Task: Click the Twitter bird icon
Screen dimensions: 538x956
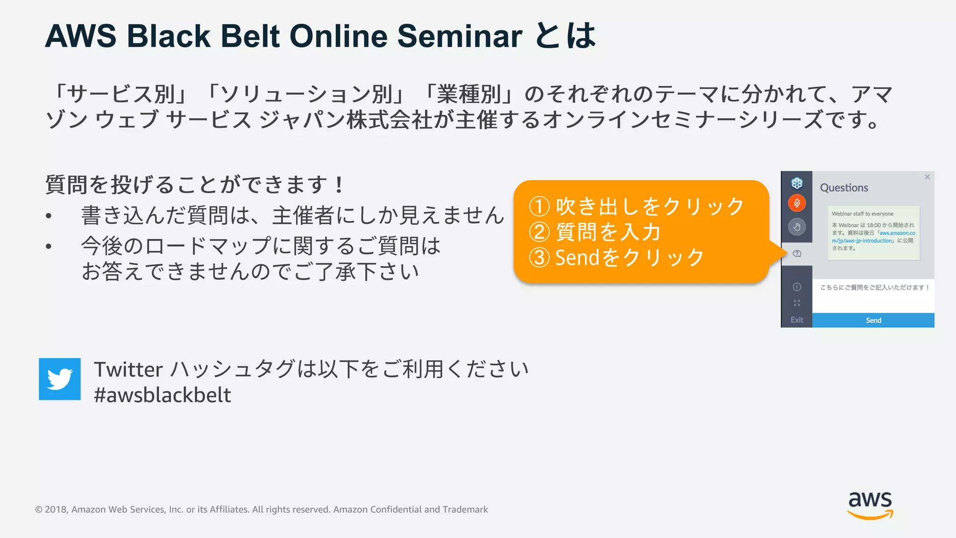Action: (60, 379)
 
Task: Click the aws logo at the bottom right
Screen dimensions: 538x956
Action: (870, 505)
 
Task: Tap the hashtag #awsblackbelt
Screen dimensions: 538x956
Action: (162, 395)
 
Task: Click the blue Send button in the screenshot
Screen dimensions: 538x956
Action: (873, 320)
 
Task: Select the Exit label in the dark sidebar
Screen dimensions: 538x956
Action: (797, 320)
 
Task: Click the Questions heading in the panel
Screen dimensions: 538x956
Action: (844, 188)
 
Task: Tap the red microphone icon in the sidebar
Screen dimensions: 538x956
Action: (797, 203)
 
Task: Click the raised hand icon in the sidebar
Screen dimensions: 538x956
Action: (797, 227)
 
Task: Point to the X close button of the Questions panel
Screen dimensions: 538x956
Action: (927, 177)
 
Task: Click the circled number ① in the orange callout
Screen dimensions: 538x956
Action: (539, 206)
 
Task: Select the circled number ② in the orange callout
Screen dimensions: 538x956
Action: (539, 232)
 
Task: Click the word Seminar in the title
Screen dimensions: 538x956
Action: (459, 36)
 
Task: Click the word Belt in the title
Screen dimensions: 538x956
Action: (250, 36)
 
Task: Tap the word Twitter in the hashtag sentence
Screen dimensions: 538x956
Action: (128, 369)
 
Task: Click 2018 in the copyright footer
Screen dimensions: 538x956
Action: (56, 510)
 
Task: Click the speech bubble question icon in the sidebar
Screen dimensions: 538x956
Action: (797, 254)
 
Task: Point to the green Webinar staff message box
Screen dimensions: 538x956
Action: (873, 233)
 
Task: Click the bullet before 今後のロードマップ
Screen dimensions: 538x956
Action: (49, 246)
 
